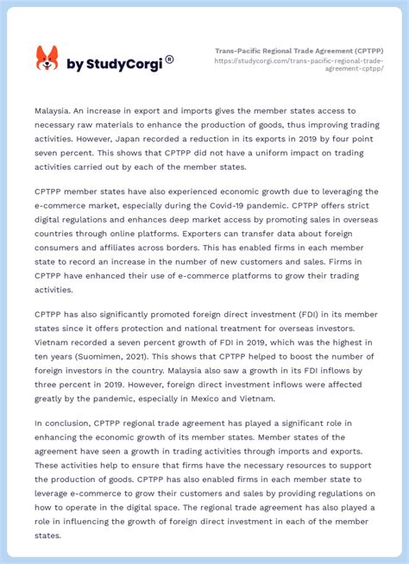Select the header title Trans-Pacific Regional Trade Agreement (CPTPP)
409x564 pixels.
299,51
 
